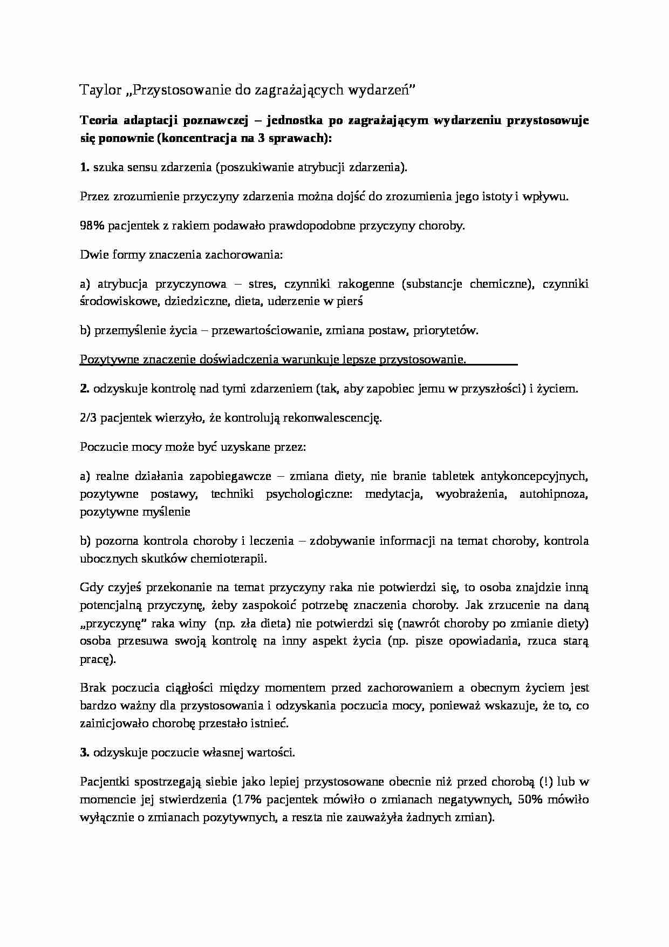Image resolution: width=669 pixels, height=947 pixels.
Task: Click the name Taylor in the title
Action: (x=100, y=90)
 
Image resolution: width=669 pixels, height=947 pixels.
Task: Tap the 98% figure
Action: (x=92, y=226)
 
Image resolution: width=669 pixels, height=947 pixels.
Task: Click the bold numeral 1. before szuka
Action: (x=85, y=167)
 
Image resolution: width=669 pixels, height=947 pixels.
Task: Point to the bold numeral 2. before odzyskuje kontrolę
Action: (x=85, y=389)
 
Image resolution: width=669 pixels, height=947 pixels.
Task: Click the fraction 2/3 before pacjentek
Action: (x=88, y=418)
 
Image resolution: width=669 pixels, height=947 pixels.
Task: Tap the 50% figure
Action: (x=529, y=800)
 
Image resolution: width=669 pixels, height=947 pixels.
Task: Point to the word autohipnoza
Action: (x=554, y=494)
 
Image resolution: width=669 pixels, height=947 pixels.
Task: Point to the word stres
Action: (x=262, y=284)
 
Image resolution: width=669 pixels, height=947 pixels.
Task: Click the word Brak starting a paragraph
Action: (x=94, y=688)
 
